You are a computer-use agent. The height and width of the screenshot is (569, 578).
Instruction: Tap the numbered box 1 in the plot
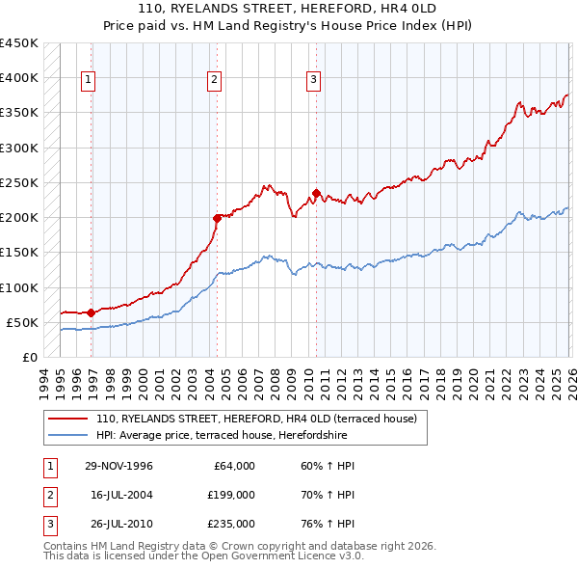pos(88,80)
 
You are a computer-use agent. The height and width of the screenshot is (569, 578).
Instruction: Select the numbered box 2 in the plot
pos(214,80)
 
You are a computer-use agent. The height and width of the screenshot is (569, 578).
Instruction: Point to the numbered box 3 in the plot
pos(314,80)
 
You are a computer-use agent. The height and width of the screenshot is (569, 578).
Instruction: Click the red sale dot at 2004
pos(217,218)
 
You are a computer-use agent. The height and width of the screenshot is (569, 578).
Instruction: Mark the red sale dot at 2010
pos(316,193)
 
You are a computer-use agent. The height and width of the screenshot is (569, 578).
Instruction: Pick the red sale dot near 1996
pos(92,312)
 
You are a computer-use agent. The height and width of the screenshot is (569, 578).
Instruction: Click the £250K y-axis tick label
pos(19,182)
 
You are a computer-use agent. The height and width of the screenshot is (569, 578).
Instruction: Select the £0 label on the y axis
pos(30,357)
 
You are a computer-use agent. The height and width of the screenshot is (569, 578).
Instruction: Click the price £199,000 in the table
pos(231,495)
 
